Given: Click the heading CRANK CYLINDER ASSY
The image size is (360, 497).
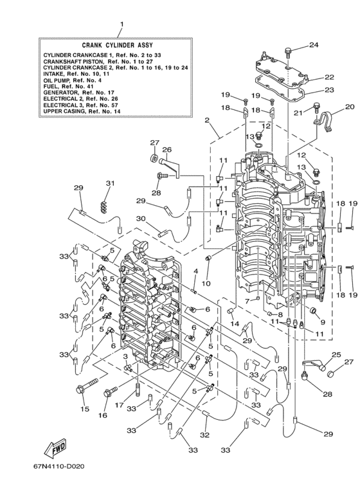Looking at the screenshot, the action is coord(117,45).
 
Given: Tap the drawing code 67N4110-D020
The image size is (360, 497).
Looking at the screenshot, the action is coord(59,466).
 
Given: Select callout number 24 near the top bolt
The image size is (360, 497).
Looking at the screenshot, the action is coord(314,45).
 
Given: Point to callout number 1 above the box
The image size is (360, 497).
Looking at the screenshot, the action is coord(122,24).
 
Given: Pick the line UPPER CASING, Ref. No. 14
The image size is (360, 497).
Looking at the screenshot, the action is coord(82,111).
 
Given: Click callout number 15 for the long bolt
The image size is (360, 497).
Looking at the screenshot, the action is coord(85,409).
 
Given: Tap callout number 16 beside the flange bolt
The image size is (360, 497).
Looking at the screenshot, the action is coord(103,415).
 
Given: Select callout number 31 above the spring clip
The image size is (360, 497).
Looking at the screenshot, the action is coord(110,183).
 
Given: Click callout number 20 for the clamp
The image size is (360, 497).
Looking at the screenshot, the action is coord(350,107).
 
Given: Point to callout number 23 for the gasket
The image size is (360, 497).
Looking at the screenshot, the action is coord(329,90).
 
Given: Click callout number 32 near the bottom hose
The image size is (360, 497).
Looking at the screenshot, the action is coord(204,435).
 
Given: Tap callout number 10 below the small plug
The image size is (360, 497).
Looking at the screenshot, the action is coord(206,283).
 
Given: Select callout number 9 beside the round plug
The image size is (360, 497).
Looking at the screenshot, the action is coord(323,322).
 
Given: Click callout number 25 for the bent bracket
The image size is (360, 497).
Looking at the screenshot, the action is coord(337,354).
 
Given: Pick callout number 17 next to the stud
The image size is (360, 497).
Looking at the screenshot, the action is coord(119,405).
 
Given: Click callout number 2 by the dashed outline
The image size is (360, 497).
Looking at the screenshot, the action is coord(207,120).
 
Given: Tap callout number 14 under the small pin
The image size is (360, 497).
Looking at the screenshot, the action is coord(235,323).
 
